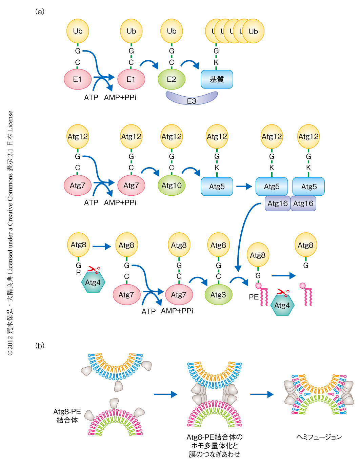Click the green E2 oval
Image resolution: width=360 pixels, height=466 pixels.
click(172, 79)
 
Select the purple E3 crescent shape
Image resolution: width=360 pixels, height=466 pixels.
click(192, 99)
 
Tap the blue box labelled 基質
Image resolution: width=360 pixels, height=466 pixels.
click(217, 79)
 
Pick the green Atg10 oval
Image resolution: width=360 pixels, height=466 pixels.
click(172, 185)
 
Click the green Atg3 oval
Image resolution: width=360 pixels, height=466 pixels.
click(218, 295)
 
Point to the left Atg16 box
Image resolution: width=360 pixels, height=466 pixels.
click(278, 203)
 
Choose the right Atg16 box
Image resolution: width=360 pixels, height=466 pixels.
click(303, 203)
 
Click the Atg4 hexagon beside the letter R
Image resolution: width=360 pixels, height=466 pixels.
click(93, 282)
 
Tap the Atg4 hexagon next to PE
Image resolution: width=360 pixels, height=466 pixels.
click(282, 305)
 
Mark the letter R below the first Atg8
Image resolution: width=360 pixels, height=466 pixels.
click(78, 273)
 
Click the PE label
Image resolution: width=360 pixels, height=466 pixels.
click(254, 297)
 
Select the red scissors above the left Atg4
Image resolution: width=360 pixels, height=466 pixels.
click(94, 270)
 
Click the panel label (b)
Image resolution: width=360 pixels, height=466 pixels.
click(40, 346)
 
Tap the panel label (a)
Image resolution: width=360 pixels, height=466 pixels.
click(40, 12)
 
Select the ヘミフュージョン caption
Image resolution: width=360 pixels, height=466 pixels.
click(319, 437)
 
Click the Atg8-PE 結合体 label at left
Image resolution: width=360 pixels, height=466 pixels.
click(67, 416)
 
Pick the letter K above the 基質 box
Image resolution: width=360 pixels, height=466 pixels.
click(216, 62)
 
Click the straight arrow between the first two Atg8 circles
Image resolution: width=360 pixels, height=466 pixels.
click(102, 247)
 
